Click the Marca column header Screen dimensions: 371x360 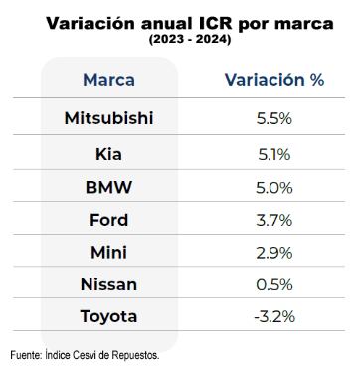(x=108, y=79)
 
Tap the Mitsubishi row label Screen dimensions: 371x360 (x=108, y=118)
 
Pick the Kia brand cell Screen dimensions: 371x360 (x=108, y=153)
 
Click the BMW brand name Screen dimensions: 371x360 (x=108, y=187)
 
